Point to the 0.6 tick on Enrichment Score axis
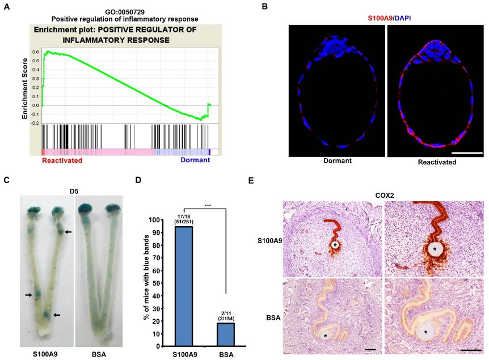click(35, 52)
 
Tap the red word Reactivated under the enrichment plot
click(62, 160)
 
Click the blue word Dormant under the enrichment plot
click(195, 160)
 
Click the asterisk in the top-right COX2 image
click(436, 249)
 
